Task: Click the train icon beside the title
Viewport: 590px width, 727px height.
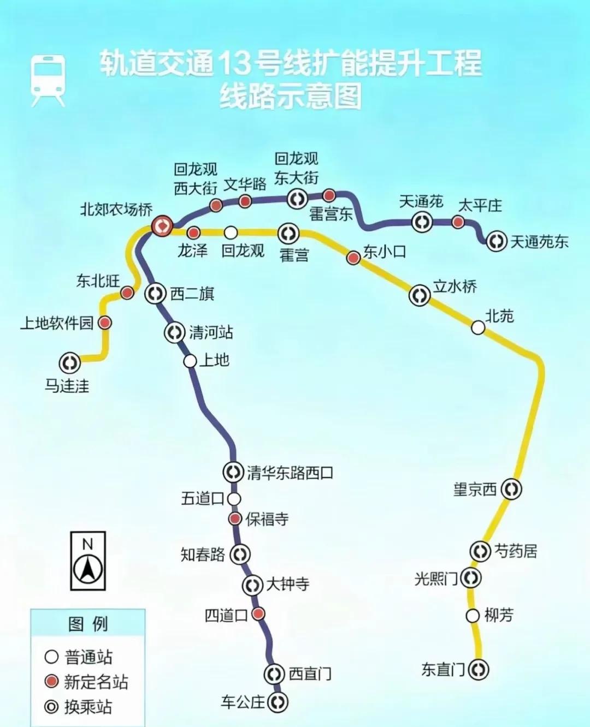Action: pyautogui.click(x=49, y=80)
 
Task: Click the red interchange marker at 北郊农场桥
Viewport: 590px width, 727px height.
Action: pyautogui.click(x=162, y=225)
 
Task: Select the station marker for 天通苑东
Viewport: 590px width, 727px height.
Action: pyautogui.click(x=497, y=241)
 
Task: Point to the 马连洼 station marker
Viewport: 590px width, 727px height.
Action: pyautogui.click(x=69, y=362)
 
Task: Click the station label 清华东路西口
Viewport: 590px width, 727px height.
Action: pyautogui.click(x=290, y=473)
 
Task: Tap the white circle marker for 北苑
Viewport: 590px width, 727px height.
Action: pyautogui.click(x=478, y=327)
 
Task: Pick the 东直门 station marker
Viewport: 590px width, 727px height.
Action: pyautogui.click(x=479, y=669)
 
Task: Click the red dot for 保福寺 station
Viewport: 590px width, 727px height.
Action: pyautogui.click(x=235, y=519)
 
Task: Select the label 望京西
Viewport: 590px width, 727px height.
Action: pyautogui.click(x=475, y=488)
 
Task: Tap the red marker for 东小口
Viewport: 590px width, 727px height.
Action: pyautogui.click(x=353, y=258)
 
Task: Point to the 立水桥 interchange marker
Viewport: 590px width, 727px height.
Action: pyautogui.click(x=420, y=295)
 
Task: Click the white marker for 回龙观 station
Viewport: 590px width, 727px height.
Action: pyautogui.click(x=231, y=233)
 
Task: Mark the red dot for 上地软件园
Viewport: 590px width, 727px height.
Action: pyautogui.click(x=105, y=323)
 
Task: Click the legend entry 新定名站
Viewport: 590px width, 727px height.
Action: pyautogui.click(x=96, y=682)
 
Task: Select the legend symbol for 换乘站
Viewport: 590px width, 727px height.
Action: pyautogui.click(x=51, y=707)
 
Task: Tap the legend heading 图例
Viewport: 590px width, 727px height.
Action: pyautogui.click(x=88, y=624)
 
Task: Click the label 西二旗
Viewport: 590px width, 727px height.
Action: pyautogui.click(x=192, y=294)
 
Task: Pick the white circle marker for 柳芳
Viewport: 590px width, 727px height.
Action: pyautogui.click(x=473, y=616)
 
